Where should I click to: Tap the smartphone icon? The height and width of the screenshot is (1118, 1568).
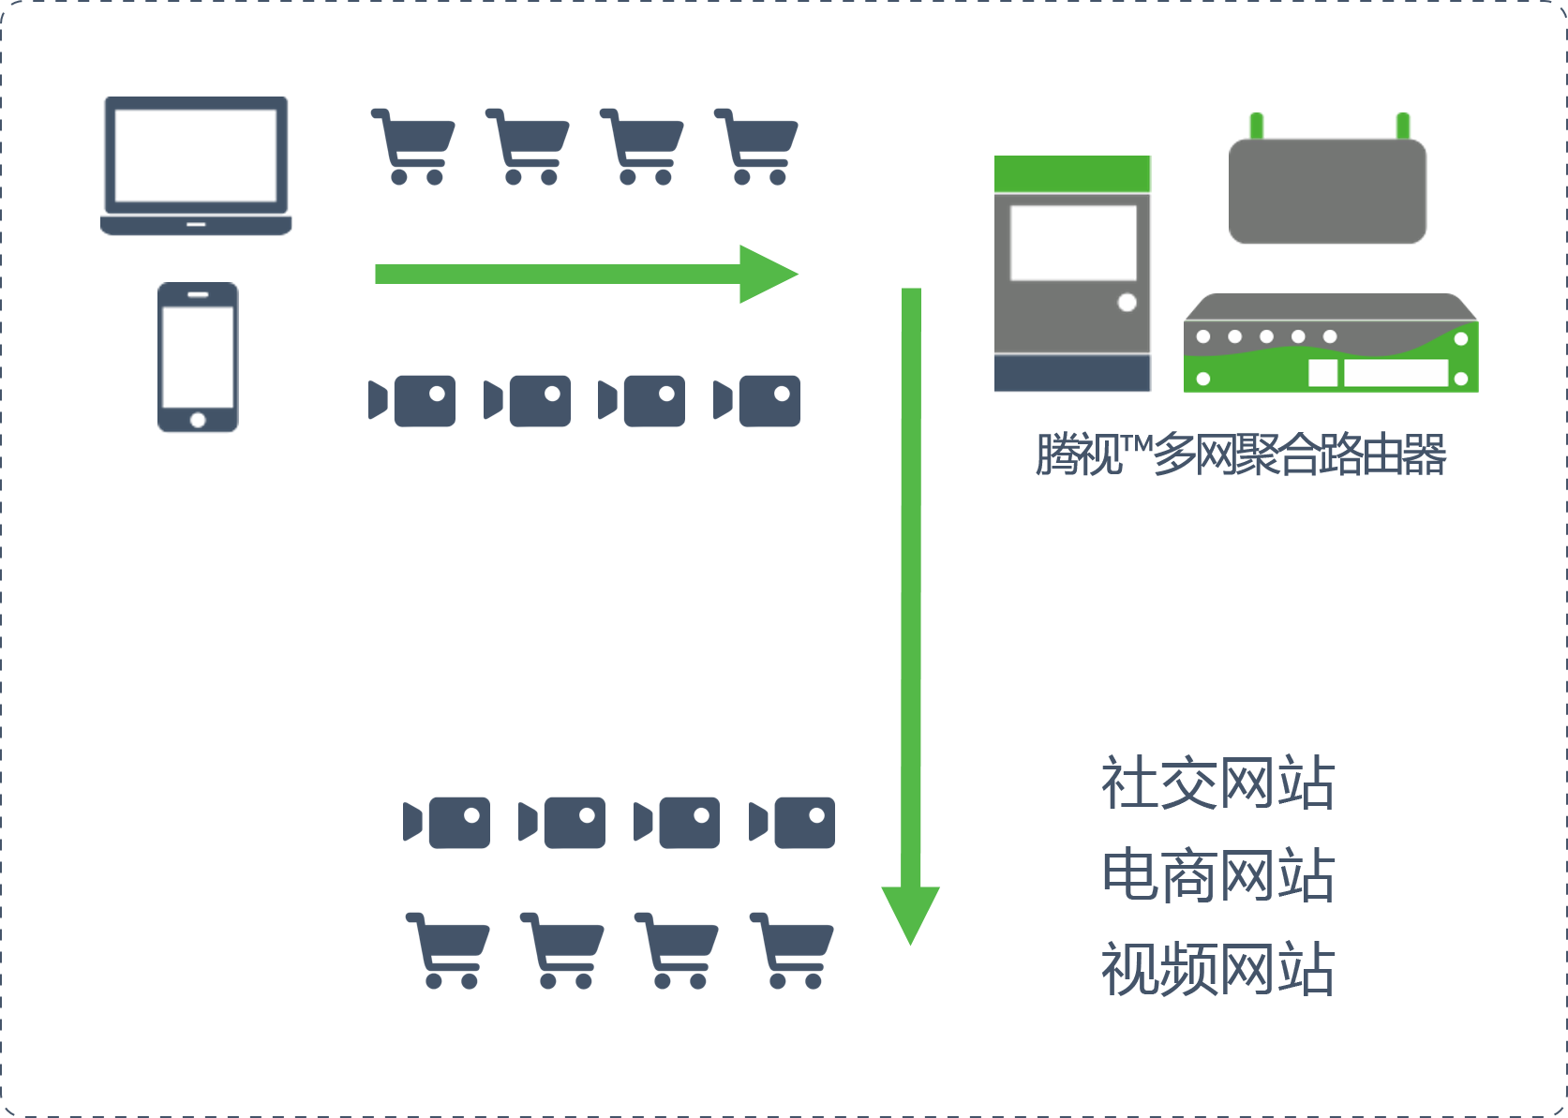(198, 357)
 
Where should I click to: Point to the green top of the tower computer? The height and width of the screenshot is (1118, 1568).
(1072, 173)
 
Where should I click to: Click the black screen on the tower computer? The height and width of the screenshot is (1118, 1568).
(1074, 243)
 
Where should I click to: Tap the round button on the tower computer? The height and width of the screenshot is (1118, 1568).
(1127, 303)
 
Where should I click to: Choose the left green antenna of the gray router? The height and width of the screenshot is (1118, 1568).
(1257, 126)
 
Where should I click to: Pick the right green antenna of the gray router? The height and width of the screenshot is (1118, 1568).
(1403, 126)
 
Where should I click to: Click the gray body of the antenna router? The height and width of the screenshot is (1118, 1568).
(1327, 191)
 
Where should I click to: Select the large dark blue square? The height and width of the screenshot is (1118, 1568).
(1217, 874)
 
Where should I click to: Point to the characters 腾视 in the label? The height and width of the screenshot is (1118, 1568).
(1079, 455)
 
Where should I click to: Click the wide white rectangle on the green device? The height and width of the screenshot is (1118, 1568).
(1396, 373)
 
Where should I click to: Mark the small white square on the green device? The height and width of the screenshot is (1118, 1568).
(1322, 373)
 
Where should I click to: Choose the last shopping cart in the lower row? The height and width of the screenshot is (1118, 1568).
(792, 949)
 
